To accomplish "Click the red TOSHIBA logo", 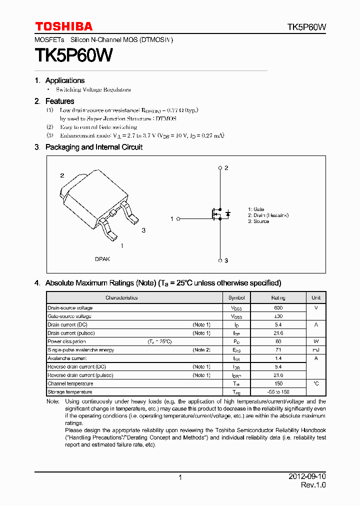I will pos(63,26).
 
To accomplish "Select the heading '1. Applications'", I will pos(59,80).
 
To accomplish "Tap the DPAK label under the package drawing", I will pos(102,259).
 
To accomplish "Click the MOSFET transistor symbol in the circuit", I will pos(216,214).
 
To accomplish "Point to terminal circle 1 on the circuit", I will pos(178,218).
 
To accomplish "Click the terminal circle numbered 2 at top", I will pos(220,168).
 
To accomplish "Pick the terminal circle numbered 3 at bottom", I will pos(220,260).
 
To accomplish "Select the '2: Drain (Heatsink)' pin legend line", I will pos(268,215).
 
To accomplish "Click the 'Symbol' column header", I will pos(236,297).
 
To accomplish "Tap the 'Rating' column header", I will pos(278,297).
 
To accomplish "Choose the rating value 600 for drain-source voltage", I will pos(278,308).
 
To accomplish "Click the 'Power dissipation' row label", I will pos(67,341).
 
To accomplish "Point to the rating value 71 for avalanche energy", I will pos(278,350).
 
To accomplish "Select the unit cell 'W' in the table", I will pos(316,341).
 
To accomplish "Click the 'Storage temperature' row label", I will pos(69,392).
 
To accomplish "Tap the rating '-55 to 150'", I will pos(278,392).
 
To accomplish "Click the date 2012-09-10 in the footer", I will pos(307,477).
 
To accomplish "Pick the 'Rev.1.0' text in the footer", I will pos(313,485).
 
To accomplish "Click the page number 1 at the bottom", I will pos(180,477).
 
